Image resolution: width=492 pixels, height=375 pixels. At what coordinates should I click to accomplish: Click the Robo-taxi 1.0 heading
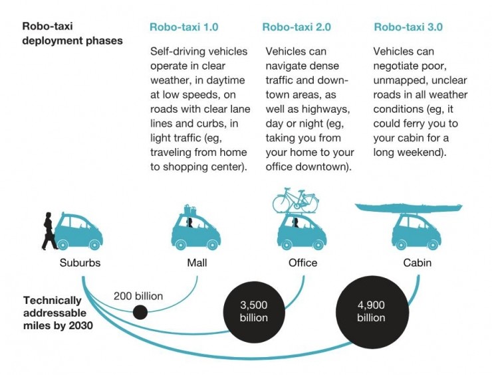[x=184, y=27]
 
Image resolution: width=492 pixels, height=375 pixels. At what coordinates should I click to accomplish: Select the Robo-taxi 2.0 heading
[x=297, y=27]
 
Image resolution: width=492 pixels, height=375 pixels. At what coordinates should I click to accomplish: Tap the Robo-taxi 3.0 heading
[x=408, y=27]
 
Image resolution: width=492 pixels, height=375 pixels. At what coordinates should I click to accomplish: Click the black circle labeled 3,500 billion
[x=254, y=311]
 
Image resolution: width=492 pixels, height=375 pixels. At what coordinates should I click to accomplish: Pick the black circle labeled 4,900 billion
[x=372, y=312]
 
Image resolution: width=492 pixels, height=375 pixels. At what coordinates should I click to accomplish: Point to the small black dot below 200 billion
[x=140, y=313]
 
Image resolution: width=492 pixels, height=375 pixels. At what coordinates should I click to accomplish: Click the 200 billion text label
[x=138, y=296]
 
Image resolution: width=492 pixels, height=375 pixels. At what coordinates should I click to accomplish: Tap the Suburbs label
[x=80, y=263]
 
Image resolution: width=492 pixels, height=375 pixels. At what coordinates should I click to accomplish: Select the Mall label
[x=197, y=263]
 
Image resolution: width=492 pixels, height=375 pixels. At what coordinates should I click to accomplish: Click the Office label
[x=303, y=263]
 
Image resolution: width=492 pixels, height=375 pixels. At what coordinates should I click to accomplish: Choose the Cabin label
[x=418, y=263]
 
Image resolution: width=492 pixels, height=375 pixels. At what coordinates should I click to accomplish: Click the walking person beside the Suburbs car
[x=49, y=231]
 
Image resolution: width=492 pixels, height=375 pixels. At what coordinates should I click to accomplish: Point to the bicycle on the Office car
[x=295, y=200]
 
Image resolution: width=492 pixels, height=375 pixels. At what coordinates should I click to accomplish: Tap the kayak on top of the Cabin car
[x=408, y=207]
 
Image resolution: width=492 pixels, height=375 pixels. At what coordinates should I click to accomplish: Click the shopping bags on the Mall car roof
[x=190, y=210]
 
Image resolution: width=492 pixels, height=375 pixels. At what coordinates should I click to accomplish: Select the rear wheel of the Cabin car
[x=401, y=244]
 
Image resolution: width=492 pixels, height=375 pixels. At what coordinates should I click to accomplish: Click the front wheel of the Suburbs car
[x=94, y=244]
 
